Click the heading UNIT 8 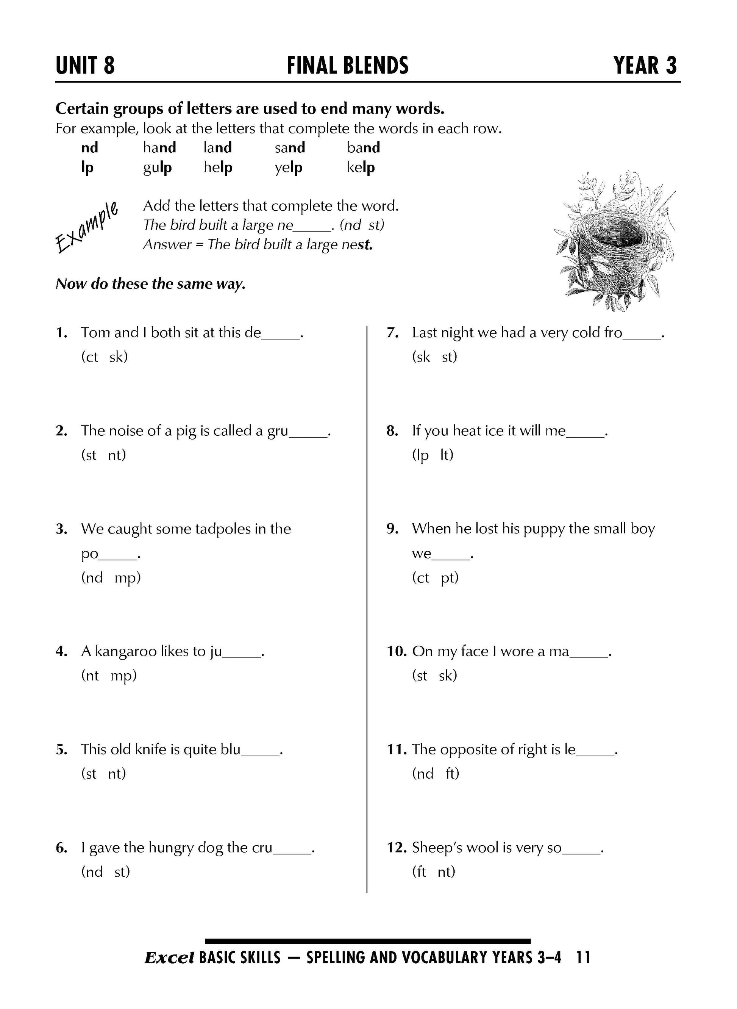(x=85, y=66)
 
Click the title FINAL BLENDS (x=348, y=66)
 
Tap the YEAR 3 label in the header (x=645, y=66)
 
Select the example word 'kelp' (x=361, y=167)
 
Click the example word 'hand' (x=159, y=147)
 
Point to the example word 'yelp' (x=288, y=168)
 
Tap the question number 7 (x=392, y=333)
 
